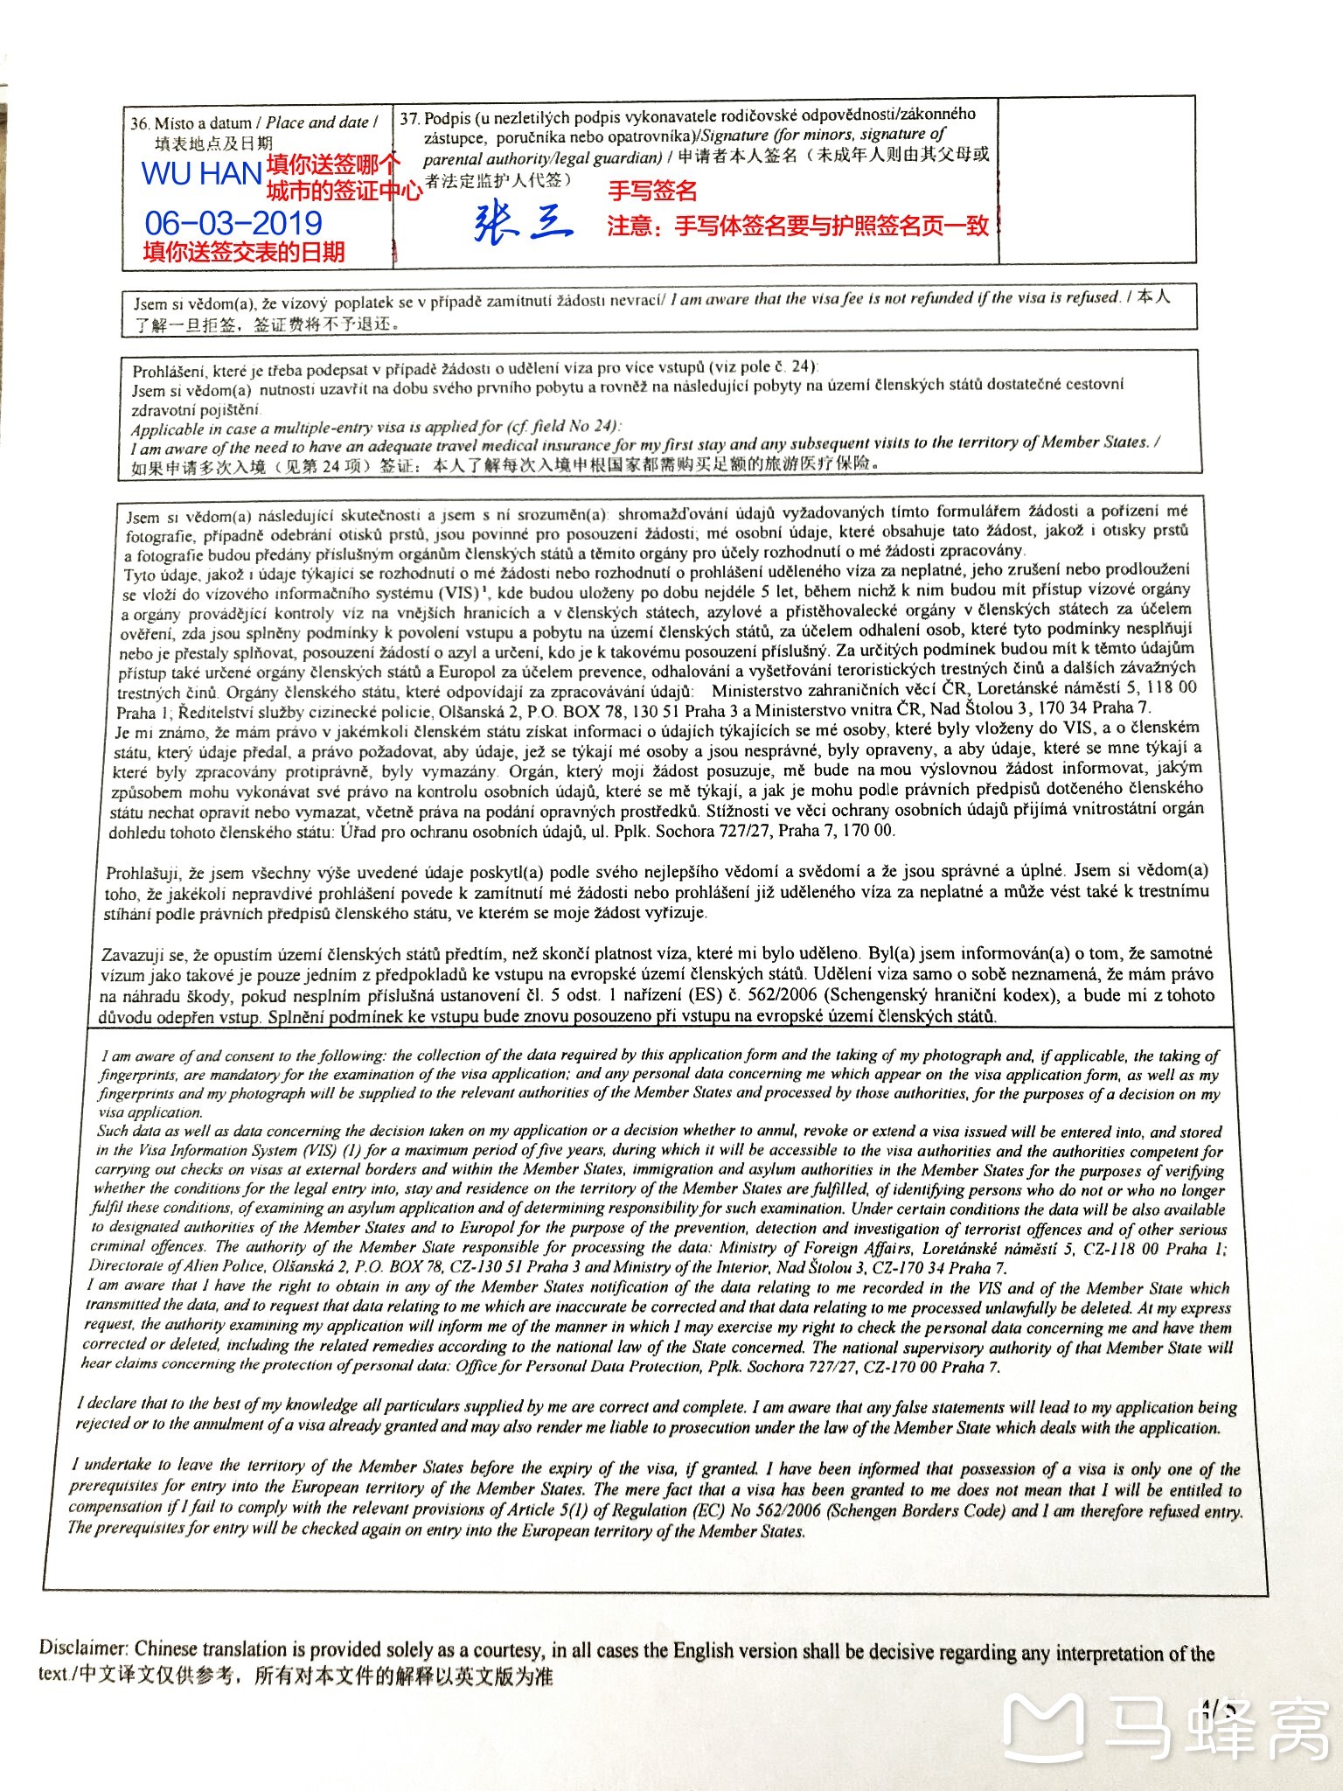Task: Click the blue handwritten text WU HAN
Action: [201, 174]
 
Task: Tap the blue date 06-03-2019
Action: [233, 222]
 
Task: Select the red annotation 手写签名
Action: [652, 191]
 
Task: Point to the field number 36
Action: [140, 124]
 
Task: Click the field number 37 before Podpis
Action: [409, 119]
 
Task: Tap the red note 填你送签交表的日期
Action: [244, 253]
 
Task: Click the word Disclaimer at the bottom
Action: [83, 1648]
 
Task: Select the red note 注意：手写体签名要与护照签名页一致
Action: [797, 226]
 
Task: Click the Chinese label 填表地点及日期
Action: [214, 144]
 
